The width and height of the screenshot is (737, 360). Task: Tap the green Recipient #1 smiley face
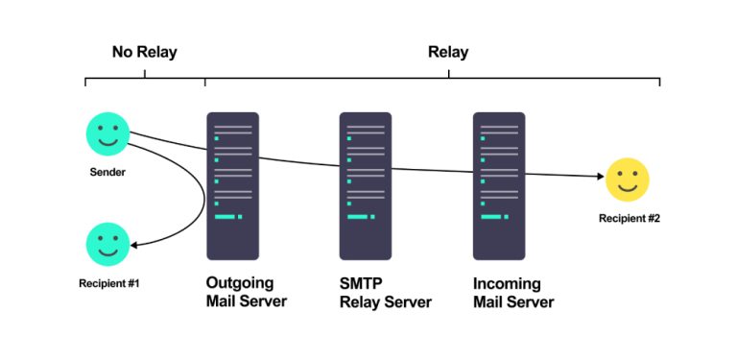[107, 244]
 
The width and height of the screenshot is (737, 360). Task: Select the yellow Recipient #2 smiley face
[628, 180]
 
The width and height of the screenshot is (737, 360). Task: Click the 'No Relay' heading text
[144, 52]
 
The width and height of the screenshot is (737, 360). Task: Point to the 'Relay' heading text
[448, 52]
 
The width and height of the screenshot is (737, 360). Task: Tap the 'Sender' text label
[107, 173]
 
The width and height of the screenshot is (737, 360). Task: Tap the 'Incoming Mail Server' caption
[513, 293]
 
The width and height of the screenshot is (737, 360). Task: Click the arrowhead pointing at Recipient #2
[599, 177]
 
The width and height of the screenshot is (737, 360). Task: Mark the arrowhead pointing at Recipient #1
[136, 244]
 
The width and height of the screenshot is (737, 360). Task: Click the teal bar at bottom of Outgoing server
[226, 217]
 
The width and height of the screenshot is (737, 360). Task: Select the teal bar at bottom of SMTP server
[358, 217]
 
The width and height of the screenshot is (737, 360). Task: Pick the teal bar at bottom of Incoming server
[491, 217]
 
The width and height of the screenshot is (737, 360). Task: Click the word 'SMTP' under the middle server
[361, 284]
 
